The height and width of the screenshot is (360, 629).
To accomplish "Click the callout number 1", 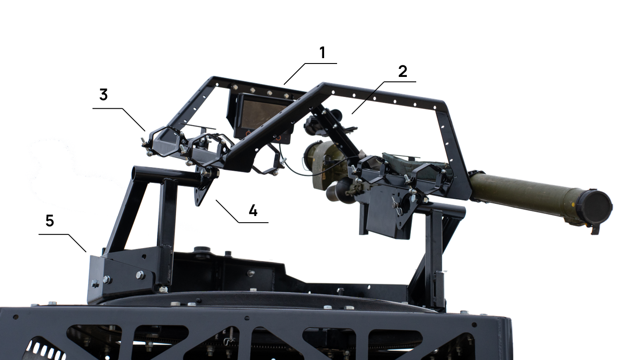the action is pyautogui.click(x=322, y=53).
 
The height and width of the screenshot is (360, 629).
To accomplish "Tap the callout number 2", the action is pyautogui.click(x=403, y=71).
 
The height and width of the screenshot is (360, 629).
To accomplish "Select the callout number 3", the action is pyautogui.click(x=104, y=95).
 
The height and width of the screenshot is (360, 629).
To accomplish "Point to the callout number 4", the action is pyautogui.click(x=253, y=210).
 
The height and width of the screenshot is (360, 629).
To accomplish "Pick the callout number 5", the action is pyautogui.click(x=50, y=221).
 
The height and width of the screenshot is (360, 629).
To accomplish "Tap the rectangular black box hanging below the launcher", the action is pyautogui.click(x=388, y=213).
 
